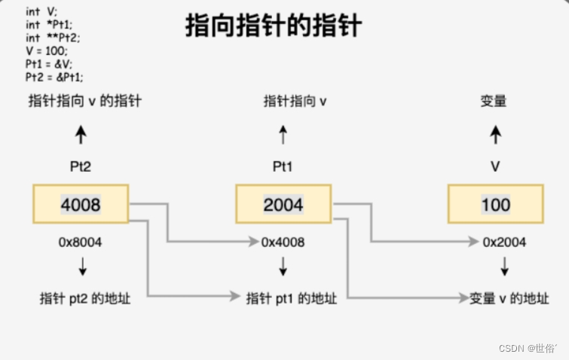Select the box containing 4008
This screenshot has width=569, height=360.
[80, 204]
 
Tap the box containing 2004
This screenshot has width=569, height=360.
[283, 204]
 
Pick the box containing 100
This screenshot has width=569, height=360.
[495, 204]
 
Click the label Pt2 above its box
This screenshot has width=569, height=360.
[81, 167]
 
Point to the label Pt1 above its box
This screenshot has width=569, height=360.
[283, 167]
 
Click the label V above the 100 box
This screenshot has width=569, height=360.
[495, 167]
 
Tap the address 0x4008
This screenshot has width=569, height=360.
[283, 243]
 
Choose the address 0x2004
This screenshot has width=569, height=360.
[504, 243]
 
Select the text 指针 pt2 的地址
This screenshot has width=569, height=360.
[85, 298]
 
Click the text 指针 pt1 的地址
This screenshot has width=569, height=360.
[292, 298]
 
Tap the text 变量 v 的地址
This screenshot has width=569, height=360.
[510, 298]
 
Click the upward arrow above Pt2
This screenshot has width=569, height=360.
[81, 136]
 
